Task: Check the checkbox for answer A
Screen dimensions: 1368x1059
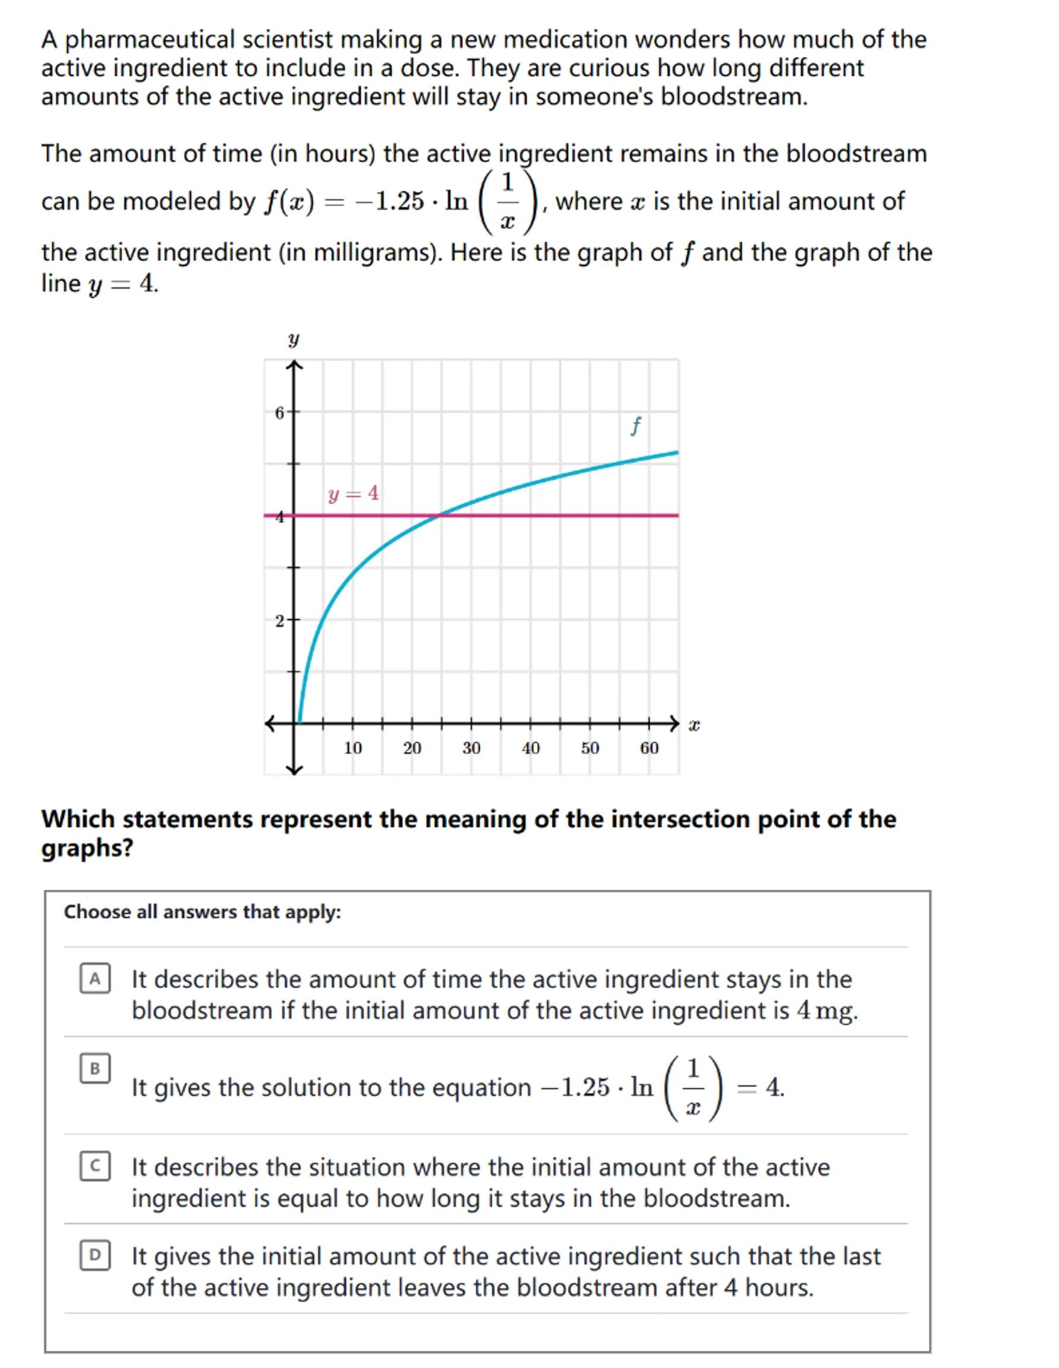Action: click(x=94, y=979)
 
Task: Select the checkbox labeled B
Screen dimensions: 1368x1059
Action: click(x=94, y=1069)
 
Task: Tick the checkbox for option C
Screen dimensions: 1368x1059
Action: click(x=94, y=1165)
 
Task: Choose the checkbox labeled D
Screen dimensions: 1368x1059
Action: click(x=94, y=1255)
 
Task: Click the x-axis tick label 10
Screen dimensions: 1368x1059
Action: click(x=353, y=748)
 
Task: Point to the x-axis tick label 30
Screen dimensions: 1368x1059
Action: click(x=471, y=748)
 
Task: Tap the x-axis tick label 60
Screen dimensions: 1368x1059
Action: click(x=649, y=748)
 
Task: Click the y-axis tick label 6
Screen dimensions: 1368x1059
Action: click(x=279, y=413)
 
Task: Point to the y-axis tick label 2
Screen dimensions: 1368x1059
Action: click(x=279, y=621)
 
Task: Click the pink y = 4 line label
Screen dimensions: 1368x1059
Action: click(x=354, y=494)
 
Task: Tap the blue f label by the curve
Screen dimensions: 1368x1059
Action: click(x=635, y=426)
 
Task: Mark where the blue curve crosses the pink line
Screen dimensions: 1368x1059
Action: click(x=440, y=516)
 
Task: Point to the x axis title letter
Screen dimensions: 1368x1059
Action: click(x=694, y=725)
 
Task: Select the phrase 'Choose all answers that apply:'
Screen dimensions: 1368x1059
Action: click(x=203, y=912)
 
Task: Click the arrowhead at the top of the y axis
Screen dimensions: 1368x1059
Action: click(x=295, y=365)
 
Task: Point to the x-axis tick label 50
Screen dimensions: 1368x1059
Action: click(x=590, y=748)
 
